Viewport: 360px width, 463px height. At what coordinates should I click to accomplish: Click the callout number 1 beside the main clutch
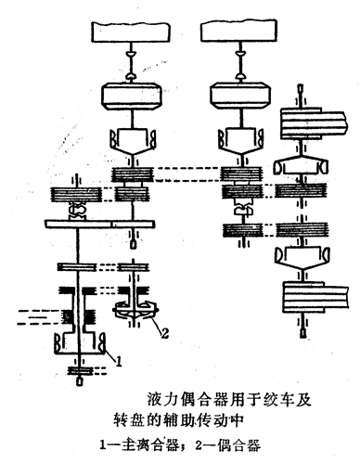(x=118, y=361)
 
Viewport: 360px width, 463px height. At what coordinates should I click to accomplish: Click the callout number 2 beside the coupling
(x=164, y=333)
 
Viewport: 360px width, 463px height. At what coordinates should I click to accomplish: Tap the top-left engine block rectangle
(x=131, y=31)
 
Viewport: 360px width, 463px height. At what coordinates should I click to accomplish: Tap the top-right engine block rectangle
(x=238, y=31)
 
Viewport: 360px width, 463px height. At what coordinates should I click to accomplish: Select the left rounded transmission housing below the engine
(x=132, y=96)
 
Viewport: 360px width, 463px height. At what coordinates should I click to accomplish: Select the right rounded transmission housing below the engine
(x=240, y=96)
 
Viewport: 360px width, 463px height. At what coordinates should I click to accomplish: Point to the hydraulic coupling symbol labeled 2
(x=135, y=311)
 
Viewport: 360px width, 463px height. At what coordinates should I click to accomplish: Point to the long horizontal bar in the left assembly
(x=99, y=224)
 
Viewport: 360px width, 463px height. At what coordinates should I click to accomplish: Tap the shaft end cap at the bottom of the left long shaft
(x=80, y=381)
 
